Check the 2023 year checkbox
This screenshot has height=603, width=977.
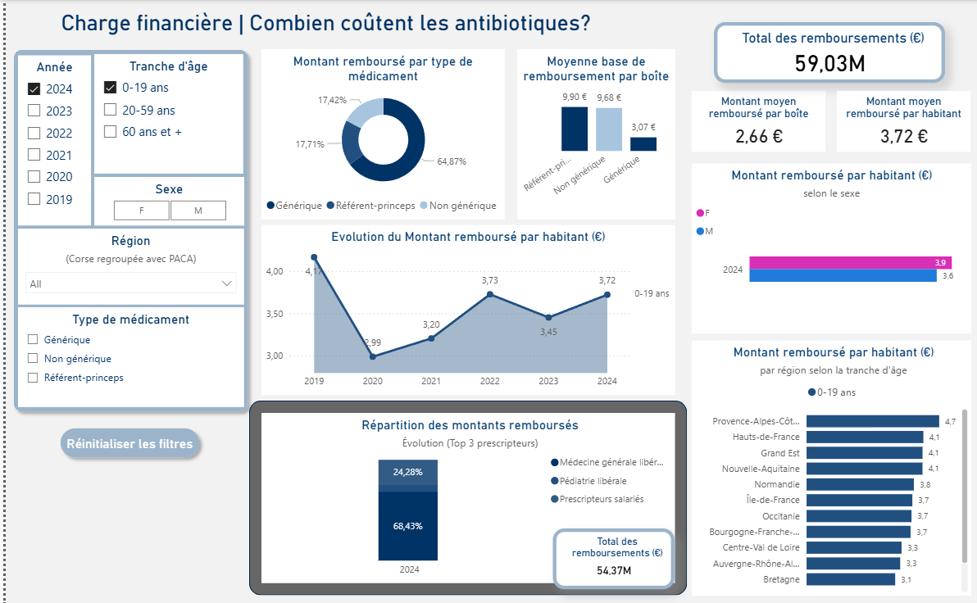34,111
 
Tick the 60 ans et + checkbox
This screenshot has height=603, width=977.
110,132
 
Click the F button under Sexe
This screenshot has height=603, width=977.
142,211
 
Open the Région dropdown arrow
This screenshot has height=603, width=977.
227,283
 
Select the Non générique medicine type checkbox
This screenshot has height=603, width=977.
33,359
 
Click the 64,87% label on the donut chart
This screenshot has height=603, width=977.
452,161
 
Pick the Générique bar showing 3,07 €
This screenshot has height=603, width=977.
643,144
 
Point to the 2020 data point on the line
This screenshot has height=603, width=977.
373,356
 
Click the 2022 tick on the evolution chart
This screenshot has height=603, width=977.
489,381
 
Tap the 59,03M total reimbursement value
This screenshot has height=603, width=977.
829,63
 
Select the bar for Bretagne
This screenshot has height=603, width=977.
850,579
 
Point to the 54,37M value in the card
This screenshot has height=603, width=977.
613,571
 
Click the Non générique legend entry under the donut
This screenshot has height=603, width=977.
457,206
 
